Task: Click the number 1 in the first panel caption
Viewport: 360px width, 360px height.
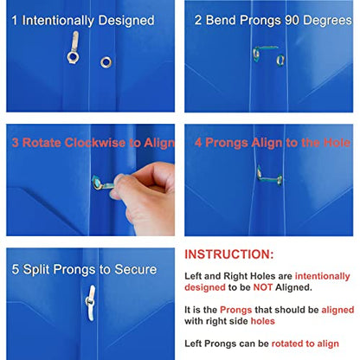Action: pyautogui.click(x=14, y=21)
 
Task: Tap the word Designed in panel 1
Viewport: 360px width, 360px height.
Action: pyautogui.click(x=126, y=21)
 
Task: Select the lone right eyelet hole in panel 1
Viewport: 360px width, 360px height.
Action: pyautogui.click(x=106, y=62)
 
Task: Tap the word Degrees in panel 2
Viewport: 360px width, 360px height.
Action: pyautogui.click(x=327, y=21)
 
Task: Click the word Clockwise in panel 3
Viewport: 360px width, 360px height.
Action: pyautogui.click(x=95, y=143)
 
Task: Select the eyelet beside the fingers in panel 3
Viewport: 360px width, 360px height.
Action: pyautogui.click(x=97, y=183)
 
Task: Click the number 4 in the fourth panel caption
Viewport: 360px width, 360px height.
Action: pyautogui.click(x=198, y=143)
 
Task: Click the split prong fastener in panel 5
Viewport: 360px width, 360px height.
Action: pyautogui.click(x=90, y=303)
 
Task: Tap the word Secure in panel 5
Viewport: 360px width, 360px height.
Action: pyautogui.click(x=136, y=269)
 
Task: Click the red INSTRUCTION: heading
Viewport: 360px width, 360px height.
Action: pyautogui.click(x=229, y=254)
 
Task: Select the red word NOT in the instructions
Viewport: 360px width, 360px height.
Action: pyautogui.click(x=263, y=287)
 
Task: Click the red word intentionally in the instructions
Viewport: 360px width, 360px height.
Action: pyautogui.click(x=322, y=276)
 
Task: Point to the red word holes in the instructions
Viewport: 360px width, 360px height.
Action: pyautogui.click(x=262, y=321)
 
